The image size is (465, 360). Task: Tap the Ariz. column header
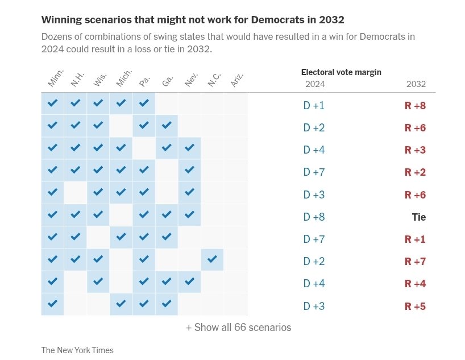click(x=237, y=80)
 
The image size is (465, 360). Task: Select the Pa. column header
click(x=145, y=81)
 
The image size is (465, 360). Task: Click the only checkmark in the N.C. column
click(x=212, y=259)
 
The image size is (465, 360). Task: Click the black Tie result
click(x=418, y=217)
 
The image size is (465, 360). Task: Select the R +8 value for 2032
click(x=415, y=106)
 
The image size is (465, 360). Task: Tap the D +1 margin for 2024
click(x=314, y=106)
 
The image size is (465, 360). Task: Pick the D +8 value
click(x=314, y=217)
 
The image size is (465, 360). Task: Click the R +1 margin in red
click(x=415, y=239)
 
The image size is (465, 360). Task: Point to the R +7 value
click(x=415, y=262)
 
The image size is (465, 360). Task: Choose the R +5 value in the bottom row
click(x=415, y=307)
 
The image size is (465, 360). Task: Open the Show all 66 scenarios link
click(x=238, y=328)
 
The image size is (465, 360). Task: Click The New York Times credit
click(x=77, y=350)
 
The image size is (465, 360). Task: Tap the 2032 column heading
click(x=416, y=84)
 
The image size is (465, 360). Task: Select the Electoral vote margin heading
click(x=341, y=72)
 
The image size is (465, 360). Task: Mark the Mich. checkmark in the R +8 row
click(x=121, y=104)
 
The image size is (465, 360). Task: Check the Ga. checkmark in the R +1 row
click(x=167, y=237)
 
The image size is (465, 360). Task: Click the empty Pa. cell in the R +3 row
click(x=144, y=148)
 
